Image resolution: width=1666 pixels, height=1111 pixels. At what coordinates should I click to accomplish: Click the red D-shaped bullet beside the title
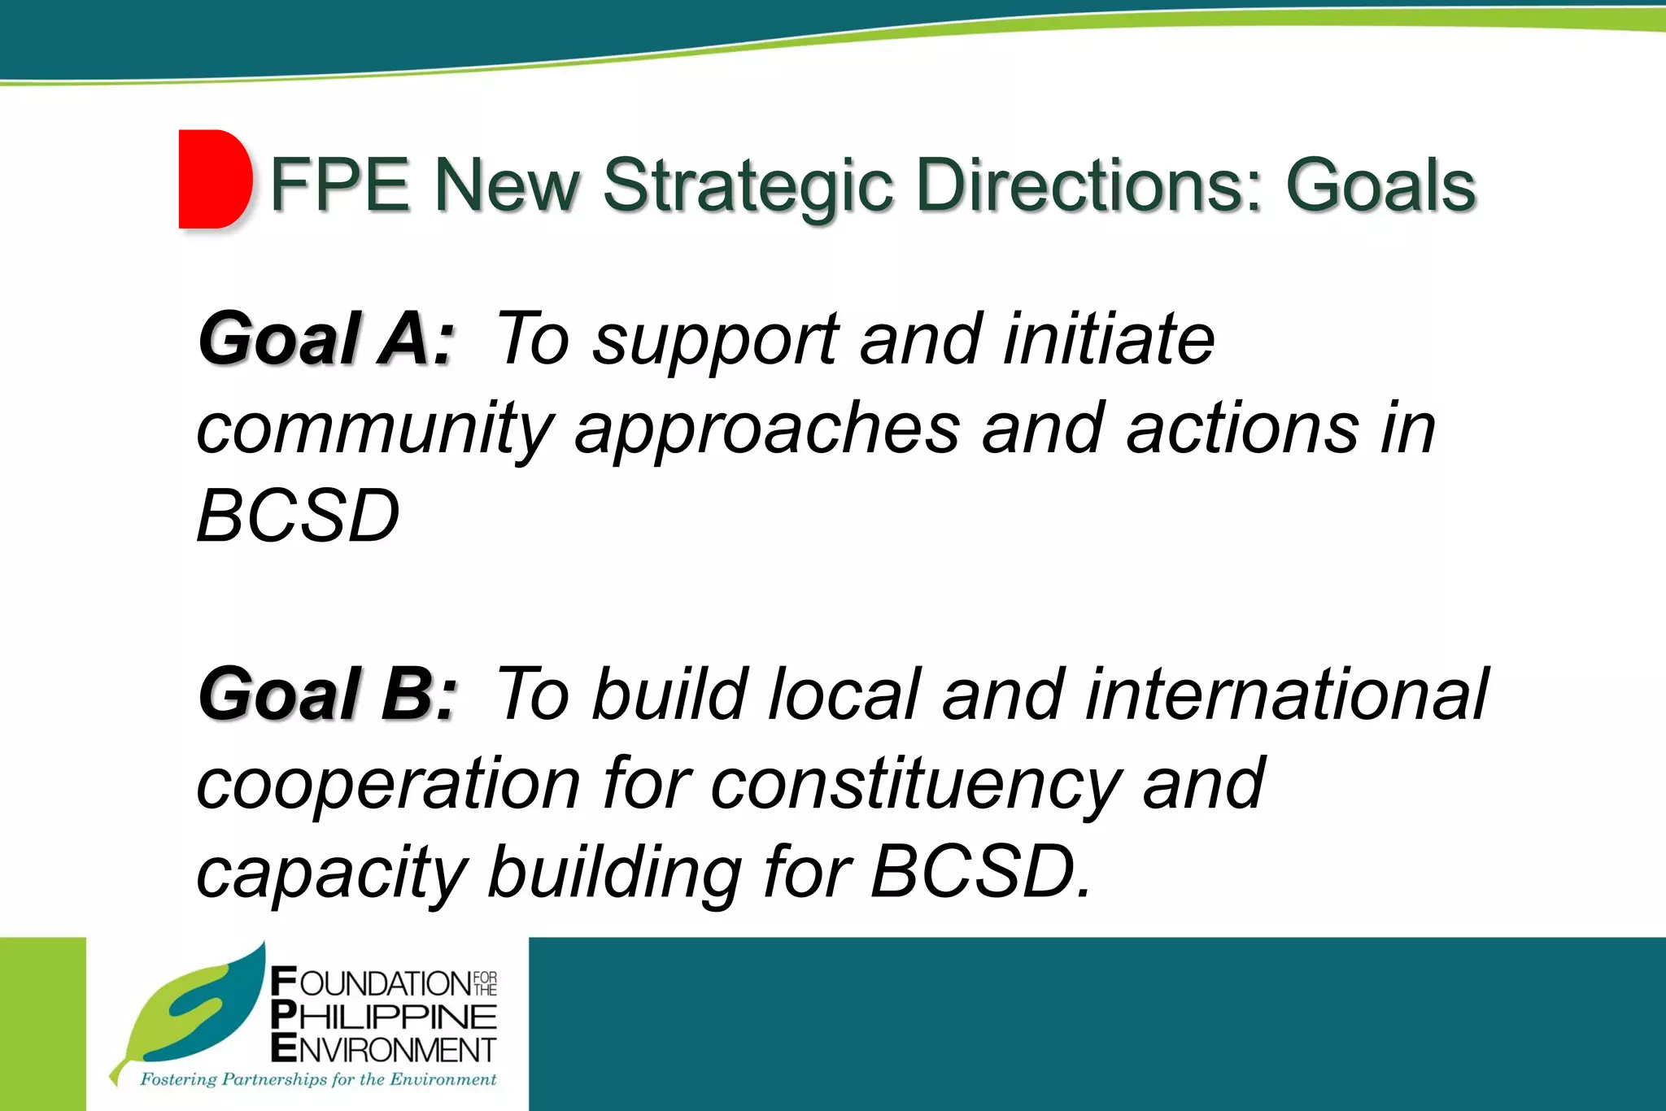click(214, 179)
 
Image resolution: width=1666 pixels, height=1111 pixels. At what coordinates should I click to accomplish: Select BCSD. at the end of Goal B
click(981, 872)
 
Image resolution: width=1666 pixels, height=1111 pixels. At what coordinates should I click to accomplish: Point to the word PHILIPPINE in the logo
click(384, 1017)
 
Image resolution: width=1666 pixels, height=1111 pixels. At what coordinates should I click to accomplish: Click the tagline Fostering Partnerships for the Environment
click(318, 1079)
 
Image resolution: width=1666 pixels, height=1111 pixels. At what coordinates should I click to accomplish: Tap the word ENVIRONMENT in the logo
click(384, 1049)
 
